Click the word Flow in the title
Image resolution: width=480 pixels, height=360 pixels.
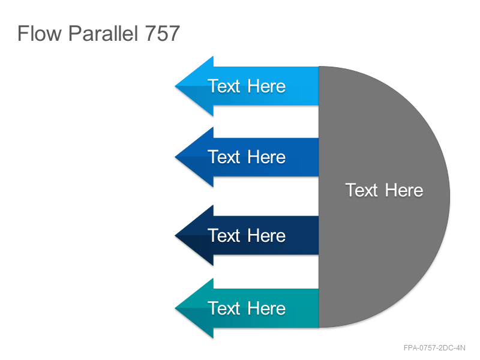[x=40, y=33]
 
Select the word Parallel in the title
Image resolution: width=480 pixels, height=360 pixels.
[x=103, y=33]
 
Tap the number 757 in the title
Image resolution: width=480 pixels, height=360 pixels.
[x=162, y=33]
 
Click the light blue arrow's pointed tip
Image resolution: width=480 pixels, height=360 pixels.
[x=175, y=86]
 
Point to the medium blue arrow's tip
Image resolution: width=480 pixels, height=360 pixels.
[x=175, y=157]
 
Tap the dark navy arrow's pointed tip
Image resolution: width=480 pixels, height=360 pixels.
[x=175, y=235]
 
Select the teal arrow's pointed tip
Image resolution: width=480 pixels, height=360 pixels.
[x=175, y=308]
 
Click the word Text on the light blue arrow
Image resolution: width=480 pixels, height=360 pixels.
[x=224, y=86]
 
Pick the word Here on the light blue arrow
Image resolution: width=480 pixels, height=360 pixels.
[x=266, y=86]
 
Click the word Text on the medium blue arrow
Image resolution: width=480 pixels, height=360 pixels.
[x=224, y=157]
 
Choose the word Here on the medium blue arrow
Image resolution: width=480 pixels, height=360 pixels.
[x=266, y=157]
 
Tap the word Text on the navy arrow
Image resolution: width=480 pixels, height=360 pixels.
[x=224, y=235]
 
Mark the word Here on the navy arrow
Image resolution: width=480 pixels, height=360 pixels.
[x=266, y=235]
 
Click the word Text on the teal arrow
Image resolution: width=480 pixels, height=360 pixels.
[x=224, y=308]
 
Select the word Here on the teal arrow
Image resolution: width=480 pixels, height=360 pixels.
[x=266, y=308]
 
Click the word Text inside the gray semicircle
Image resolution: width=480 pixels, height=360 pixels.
[x=362, y=190]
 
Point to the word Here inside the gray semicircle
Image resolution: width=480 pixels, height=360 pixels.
[x=404, y=190]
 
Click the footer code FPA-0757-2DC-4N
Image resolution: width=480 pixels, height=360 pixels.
[x=434, y=348]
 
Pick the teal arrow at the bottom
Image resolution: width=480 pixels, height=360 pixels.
[x=247, y=308]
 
